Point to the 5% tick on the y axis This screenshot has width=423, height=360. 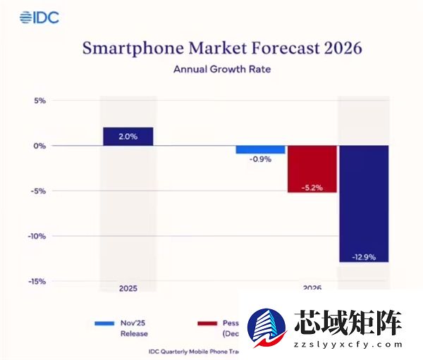(x=38, y=101)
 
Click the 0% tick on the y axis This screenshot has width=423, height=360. (x=38, y=146)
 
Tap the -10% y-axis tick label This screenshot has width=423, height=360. (x=36, y=236)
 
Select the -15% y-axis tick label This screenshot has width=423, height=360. (x=36, y=281)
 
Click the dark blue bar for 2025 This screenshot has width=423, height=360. (x=128, y=137)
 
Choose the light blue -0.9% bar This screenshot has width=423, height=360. (x=260, y=149)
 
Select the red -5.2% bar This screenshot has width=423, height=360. (x=312, y=169)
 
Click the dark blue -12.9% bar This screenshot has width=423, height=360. (x=363, y=204)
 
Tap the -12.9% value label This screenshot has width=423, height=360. (x=363, y=256)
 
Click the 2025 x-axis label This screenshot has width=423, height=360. (x=128, y=289)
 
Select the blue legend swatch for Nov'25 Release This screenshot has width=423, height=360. (x=104, y=323)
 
